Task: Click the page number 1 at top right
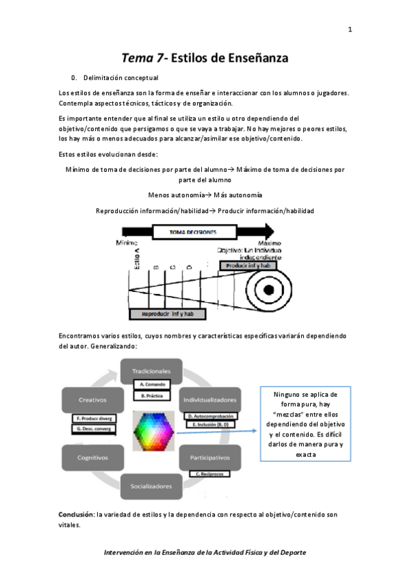pos(350,29)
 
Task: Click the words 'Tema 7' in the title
pos(143,58)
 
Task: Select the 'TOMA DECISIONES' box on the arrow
pos(193,232)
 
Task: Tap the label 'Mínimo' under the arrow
pos(127,243)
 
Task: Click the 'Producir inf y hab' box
pos(246,264)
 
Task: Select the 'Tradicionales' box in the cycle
pos(151,371)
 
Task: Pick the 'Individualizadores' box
pos(210,398)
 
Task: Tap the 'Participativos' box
pos(210,456)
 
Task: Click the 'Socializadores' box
pos(151,486)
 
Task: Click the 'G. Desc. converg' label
pos(94,429)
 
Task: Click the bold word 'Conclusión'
pos(77,514)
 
